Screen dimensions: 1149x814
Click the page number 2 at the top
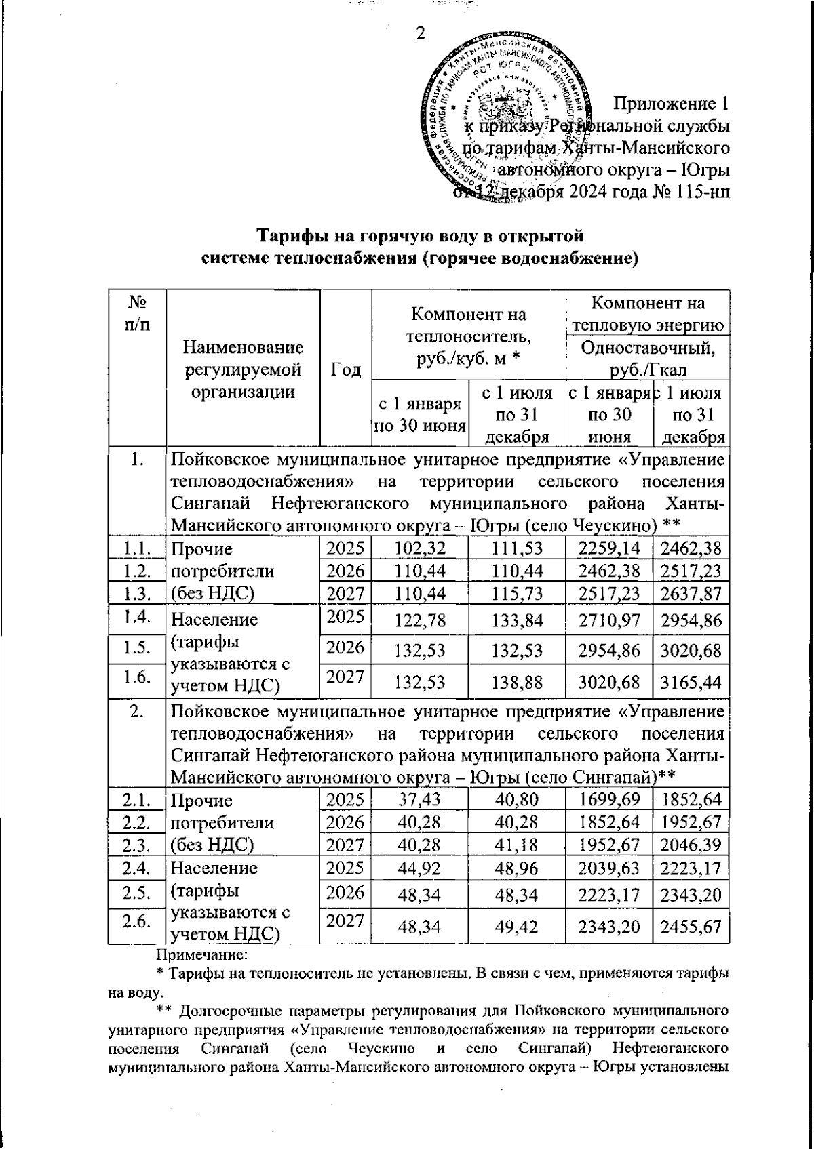(421, 33)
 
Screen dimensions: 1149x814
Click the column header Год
(345, 369)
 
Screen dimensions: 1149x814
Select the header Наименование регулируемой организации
(243, 369)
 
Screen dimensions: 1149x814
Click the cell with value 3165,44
(691, 681)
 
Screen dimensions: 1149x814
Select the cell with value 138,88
(517, 681)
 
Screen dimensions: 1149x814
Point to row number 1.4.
(137, 618)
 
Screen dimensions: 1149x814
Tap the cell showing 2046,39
(691, 844)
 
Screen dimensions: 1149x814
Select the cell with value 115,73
(517, 593)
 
